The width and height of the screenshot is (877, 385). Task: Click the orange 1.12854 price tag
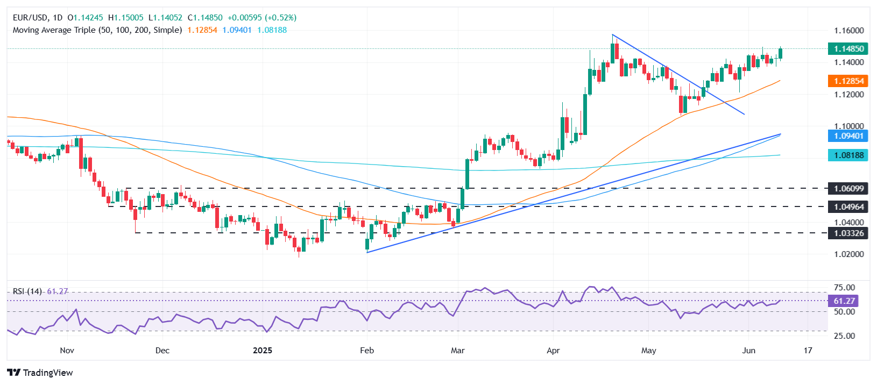(x=848, y=81)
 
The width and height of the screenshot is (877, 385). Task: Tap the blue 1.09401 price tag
(x=848, y=136)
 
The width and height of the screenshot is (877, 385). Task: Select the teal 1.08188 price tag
(x=848, y=155)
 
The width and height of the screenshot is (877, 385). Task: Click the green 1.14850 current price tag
(x=848, y=49)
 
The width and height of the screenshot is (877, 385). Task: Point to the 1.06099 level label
(x=848, y=188)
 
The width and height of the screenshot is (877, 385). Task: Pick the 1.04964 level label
(x=848, y=206)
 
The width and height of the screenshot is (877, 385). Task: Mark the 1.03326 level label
(x=848, y=233)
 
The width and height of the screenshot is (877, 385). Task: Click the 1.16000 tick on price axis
(x=848, y=31)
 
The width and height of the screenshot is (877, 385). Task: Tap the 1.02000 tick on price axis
(x=848, y=254)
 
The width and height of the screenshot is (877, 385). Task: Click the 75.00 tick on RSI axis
(x=844, y=288)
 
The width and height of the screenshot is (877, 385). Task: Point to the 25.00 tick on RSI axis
(x=844, y=336)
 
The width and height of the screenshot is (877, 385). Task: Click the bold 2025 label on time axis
(x=263, y=351)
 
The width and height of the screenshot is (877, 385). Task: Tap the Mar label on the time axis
(x=458, y=351)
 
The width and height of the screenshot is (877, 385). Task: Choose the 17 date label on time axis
(x=808, y=351)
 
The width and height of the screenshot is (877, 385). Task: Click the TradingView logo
(x=40, y=373)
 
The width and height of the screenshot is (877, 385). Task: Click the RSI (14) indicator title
(x=27, y=291)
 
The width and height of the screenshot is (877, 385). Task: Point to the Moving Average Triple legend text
(x=97, y=30)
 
